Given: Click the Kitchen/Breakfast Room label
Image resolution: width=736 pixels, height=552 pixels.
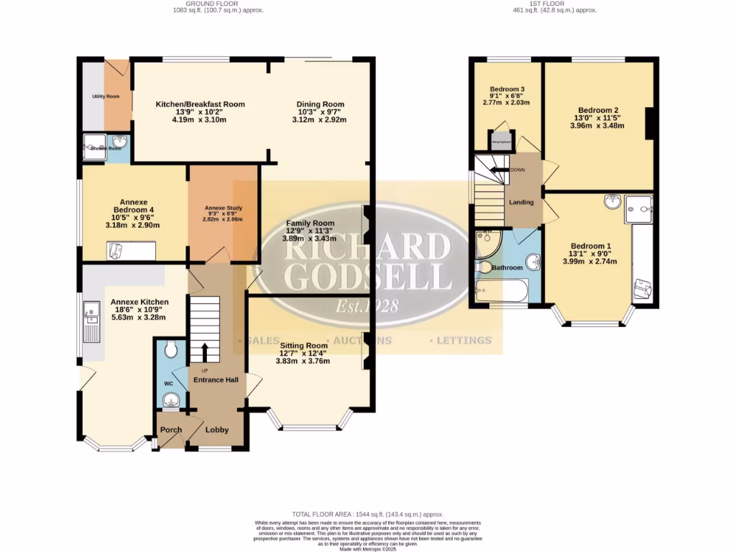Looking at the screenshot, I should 201,104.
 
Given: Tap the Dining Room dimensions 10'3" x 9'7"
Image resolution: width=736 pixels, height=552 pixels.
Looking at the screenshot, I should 320,112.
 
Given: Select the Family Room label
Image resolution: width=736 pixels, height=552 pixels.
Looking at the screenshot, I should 309,223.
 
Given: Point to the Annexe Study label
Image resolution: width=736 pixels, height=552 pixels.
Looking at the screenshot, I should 223,208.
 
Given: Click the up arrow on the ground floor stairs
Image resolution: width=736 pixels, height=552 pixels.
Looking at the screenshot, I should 205,352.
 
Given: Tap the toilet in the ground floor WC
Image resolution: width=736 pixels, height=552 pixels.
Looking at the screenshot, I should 170,350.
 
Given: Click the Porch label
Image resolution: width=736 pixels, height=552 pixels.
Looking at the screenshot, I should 170,430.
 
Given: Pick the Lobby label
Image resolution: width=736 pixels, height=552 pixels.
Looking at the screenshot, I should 217,430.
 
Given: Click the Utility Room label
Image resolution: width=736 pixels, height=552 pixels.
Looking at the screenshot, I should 106,96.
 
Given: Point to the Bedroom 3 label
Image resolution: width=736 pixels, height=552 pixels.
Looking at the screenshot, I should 507,88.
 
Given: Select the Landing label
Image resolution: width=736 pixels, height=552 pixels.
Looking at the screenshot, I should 521,202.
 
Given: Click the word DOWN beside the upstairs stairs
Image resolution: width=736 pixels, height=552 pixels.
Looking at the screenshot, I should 518,170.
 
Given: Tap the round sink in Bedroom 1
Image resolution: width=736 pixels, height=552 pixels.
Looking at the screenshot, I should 612,201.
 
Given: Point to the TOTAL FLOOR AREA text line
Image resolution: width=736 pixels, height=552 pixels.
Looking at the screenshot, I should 367,515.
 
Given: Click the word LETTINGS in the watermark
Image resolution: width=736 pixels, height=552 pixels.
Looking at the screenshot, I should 464,340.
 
